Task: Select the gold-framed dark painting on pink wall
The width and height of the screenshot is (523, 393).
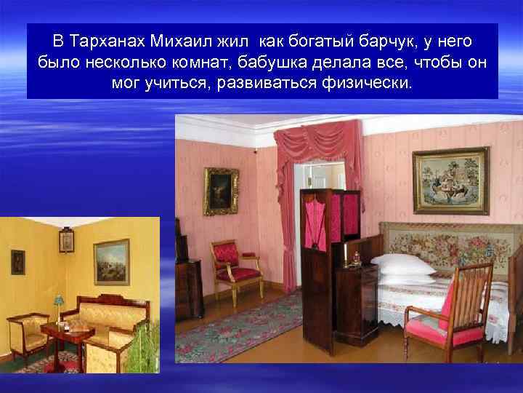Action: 221,191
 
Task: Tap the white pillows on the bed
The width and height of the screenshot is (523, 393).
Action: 402,268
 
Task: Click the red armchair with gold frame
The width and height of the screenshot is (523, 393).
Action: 234,266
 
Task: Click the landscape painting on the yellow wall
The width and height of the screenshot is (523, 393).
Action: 111,261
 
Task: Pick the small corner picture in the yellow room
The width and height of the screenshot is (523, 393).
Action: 67,239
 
